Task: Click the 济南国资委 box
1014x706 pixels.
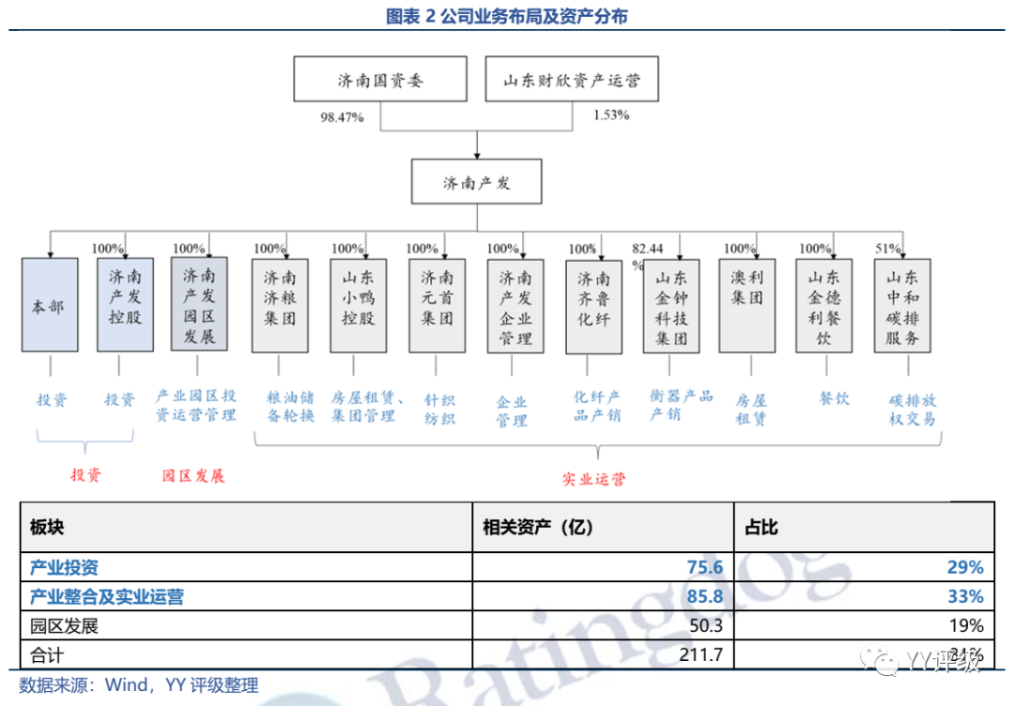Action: click(x=380, y=79)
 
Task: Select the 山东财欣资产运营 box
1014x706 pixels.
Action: click(x=571, y=79)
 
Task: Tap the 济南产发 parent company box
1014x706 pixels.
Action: click(x=477, y=182)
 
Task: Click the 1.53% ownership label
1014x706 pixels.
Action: click(x=611, y=115)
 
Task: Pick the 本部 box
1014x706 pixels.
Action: click(x=50, y=306)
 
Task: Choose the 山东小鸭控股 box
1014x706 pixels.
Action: click(x=358, y=306)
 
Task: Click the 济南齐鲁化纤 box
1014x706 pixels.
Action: click(x=593, y=306)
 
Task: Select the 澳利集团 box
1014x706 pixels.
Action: click(x=747, y=306)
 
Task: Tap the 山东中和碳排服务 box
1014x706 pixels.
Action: click(x=902, y=306)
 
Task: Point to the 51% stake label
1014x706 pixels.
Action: click(x=887, y=249)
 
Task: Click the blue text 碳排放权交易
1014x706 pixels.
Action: click(x=913, y=409)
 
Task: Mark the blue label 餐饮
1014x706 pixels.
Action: click(x=834, y=399)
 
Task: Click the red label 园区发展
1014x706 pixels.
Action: click(x=193, y=475)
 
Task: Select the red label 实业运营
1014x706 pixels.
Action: click(x=593, y=479)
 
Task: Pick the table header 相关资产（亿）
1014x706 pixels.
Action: click(x=538, y=528)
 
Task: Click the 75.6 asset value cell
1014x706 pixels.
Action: click(x=705, y=567)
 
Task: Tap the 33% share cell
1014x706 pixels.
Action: click(x=965, y=596)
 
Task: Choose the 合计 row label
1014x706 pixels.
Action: click(x=47, y=653)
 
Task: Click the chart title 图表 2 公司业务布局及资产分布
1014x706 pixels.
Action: click(x=507, y=16)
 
